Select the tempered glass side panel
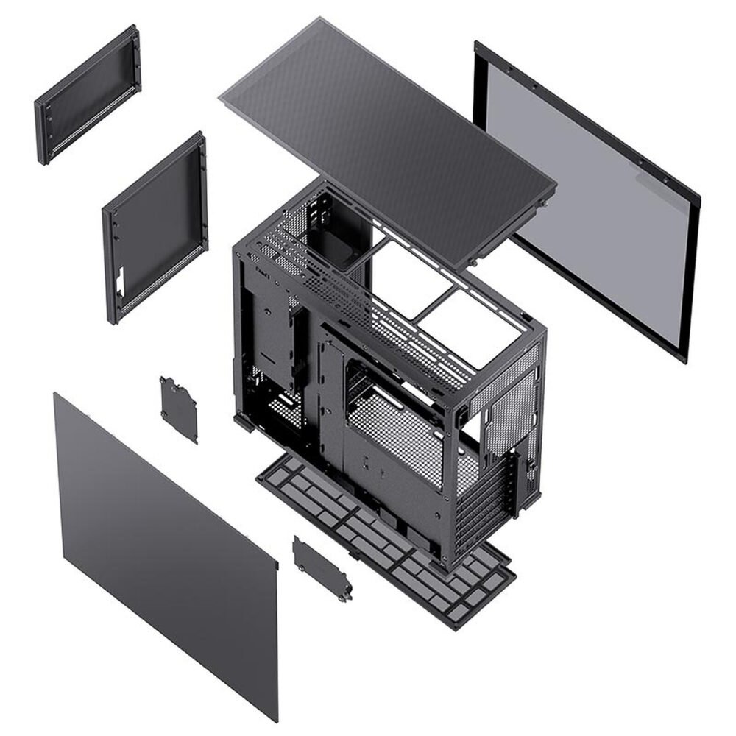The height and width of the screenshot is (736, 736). coord(589,199)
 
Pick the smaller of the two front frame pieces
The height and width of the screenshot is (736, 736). coord(87,94)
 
